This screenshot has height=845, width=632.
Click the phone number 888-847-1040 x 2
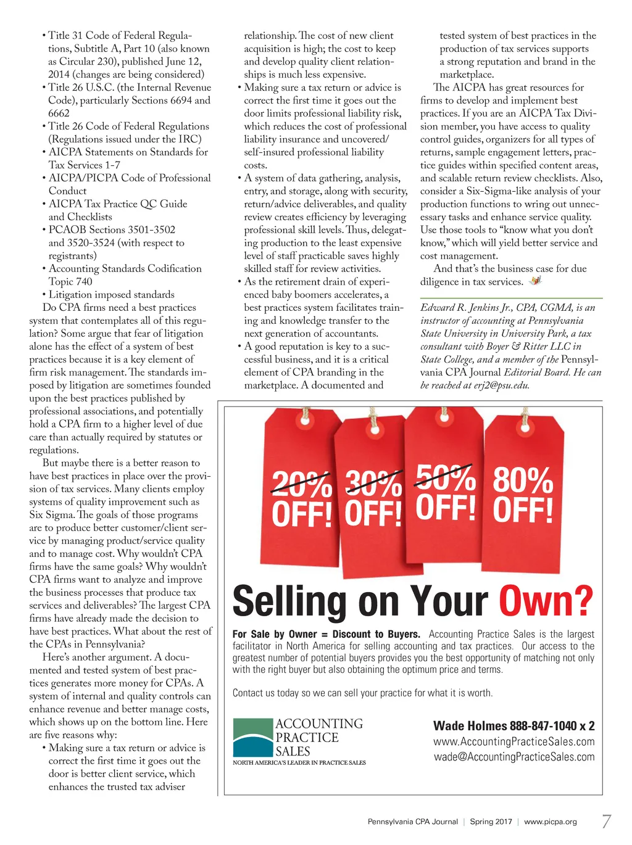[x=552, y=726]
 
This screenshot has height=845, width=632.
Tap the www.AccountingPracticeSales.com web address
[x=514, y=741]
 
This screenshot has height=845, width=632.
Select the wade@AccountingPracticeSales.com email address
[x=514, y=757]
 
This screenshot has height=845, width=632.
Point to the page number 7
[x=606, y=821]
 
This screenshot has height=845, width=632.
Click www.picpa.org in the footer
[x=551, y=822]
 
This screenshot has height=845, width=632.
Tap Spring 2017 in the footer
[x=491, y=822]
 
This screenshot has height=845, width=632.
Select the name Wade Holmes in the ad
[x=470, y=726]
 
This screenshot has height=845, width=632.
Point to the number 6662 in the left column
[x=59, y=113]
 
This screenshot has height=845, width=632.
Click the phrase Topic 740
[x=70, y=282]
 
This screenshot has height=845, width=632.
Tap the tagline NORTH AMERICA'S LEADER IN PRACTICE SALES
[x=299, y=763]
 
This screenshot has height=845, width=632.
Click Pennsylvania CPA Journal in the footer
[x=413, y=822]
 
